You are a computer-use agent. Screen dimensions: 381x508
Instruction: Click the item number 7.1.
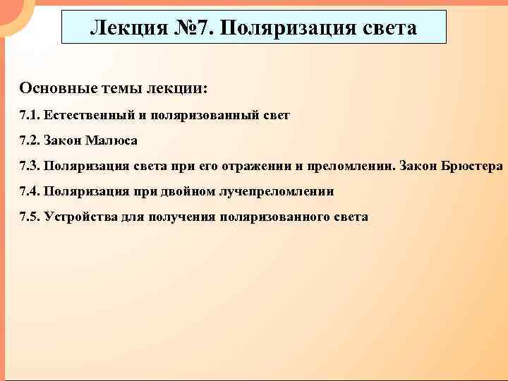pos(30,115)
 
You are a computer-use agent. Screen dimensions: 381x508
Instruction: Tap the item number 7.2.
pos(30,140)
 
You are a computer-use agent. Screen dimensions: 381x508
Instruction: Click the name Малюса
pos(112,140)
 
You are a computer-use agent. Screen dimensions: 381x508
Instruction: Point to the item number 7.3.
pos(30,166)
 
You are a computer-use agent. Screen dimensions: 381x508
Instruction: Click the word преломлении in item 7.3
pos(348,166)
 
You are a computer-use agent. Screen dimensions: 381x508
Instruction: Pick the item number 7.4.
pos(30,191)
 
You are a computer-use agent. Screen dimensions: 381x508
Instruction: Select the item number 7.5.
pos(30,217)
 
